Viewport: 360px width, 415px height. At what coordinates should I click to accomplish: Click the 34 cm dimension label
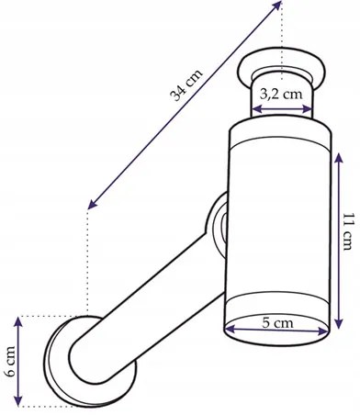tap(186, 85)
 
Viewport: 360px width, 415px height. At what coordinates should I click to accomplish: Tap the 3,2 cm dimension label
tap(281, 95)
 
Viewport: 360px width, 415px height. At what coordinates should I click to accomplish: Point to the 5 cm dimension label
tap(277, 323)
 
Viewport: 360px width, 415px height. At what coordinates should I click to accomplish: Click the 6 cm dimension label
tap(10, 362)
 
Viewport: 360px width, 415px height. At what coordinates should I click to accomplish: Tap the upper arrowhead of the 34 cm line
tap(276, 6)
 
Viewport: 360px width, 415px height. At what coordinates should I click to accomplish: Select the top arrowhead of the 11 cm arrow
tap(338, 158)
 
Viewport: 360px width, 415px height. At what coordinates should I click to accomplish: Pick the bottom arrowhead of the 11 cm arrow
tap(338, 324)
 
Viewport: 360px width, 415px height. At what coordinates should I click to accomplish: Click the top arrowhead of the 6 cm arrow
tap(18, 322)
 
